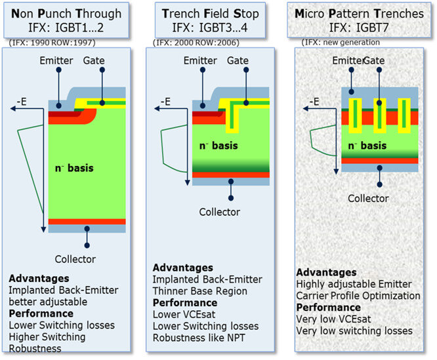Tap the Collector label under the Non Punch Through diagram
point(75,259)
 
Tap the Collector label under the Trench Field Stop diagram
point(219,212)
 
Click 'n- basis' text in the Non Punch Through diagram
point(73,169)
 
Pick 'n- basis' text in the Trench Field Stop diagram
point(218,145)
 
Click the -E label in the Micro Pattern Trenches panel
point(314,102)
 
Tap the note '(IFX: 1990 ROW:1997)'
point(51,43)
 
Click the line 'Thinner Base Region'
point(199,291)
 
